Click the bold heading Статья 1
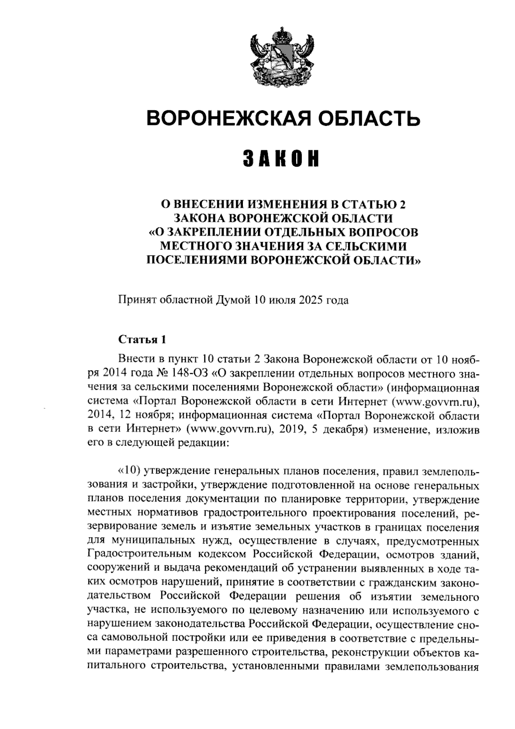click(142, 340)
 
